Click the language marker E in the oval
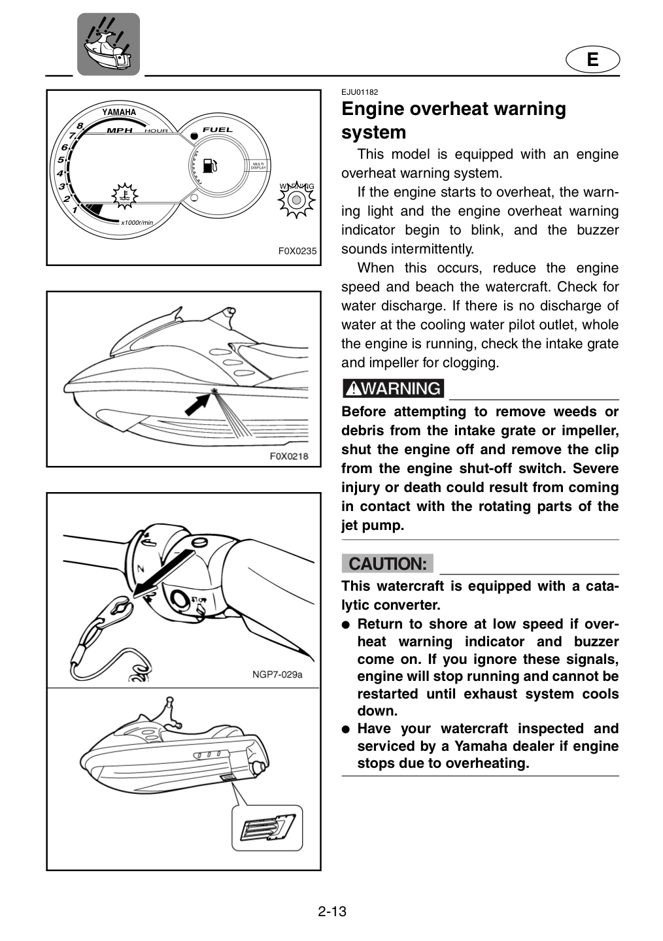(592, 59)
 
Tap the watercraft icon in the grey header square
(109, 44)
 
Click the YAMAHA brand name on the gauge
(119, 112)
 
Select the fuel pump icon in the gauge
(210, 165)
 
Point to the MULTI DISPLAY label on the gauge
(258, 166)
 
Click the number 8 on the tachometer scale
(80, 125)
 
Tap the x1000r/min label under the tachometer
(137, 223)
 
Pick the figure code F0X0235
(297, 251)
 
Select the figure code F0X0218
(289, 456)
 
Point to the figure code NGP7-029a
(277, 674)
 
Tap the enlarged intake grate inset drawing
(267, 828)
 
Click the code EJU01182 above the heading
(360, 92)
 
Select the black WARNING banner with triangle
(393, 388)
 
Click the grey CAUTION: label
(387, 564)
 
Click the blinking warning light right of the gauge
(296, 200)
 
